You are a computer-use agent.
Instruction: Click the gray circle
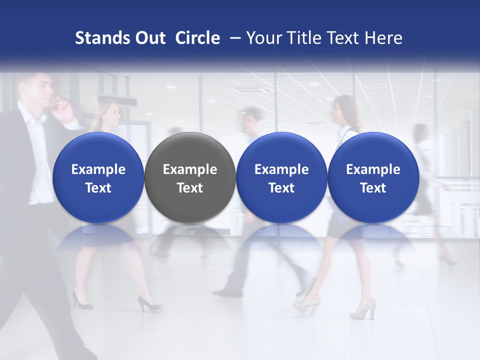(x=190, y=177)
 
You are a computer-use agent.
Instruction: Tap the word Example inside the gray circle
(x=190, y=169)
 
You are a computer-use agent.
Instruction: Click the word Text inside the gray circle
(x=190, y=188)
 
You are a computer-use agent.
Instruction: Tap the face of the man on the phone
(x=42, y=90)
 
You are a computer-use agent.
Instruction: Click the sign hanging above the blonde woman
(x=118, y=100)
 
